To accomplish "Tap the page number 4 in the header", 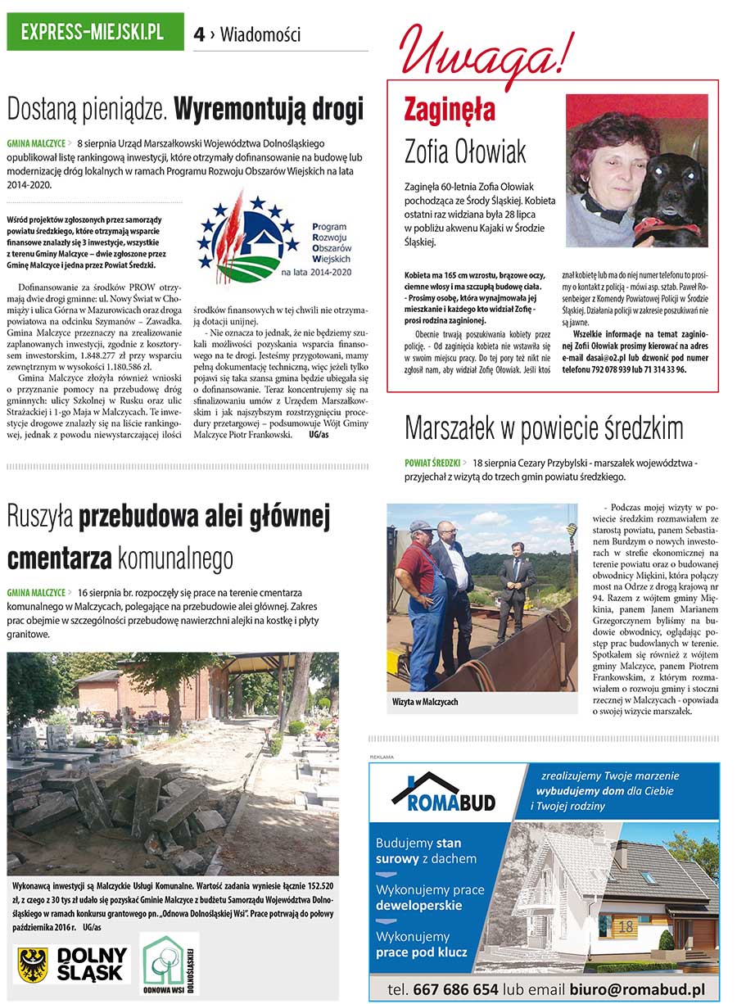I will (x=199, y=34).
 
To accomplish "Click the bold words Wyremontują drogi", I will (x=269, y=109).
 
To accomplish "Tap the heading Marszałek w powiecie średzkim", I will (x=544, y=427).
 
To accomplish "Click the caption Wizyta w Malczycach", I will (x=425, y=702).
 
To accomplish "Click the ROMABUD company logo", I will (x=443, y=791).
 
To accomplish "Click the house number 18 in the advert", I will (x=626, y=927).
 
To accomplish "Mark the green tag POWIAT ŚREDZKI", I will (x=432, y=463).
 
